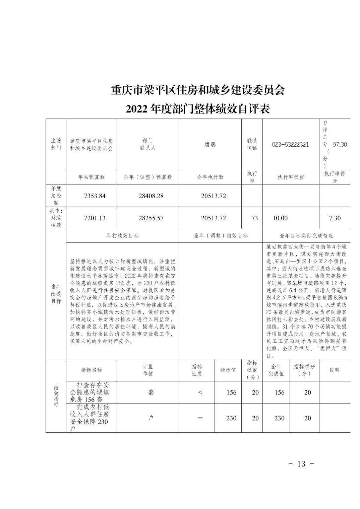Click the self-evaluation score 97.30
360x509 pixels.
click(340, 145)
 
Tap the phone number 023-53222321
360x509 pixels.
click(291, 145)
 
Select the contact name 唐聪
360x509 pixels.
click(210, 145)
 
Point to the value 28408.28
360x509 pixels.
click(151, 196)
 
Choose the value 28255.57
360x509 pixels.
click(151, 218)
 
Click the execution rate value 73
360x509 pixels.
click(255, 218)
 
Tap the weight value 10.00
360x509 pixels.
click(280, 218)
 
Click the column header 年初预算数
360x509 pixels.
click(92, 177)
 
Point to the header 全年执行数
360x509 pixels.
click(210, 177)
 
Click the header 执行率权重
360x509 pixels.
click(291, 177)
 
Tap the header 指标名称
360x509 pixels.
click(92, 370)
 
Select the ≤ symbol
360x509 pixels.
click(200, 393)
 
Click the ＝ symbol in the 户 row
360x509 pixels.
click(200, 418)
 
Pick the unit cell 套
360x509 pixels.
click(151, 392)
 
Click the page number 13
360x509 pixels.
click(301, 464)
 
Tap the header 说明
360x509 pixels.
click(334, 370)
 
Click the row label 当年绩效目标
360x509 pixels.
click(56, 294)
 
